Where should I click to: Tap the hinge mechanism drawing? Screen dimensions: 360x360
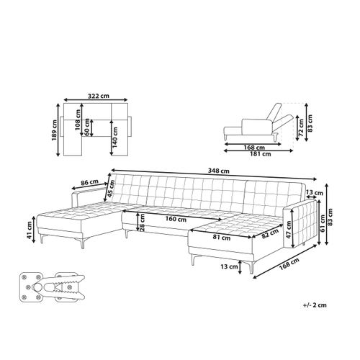(51, 291)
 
